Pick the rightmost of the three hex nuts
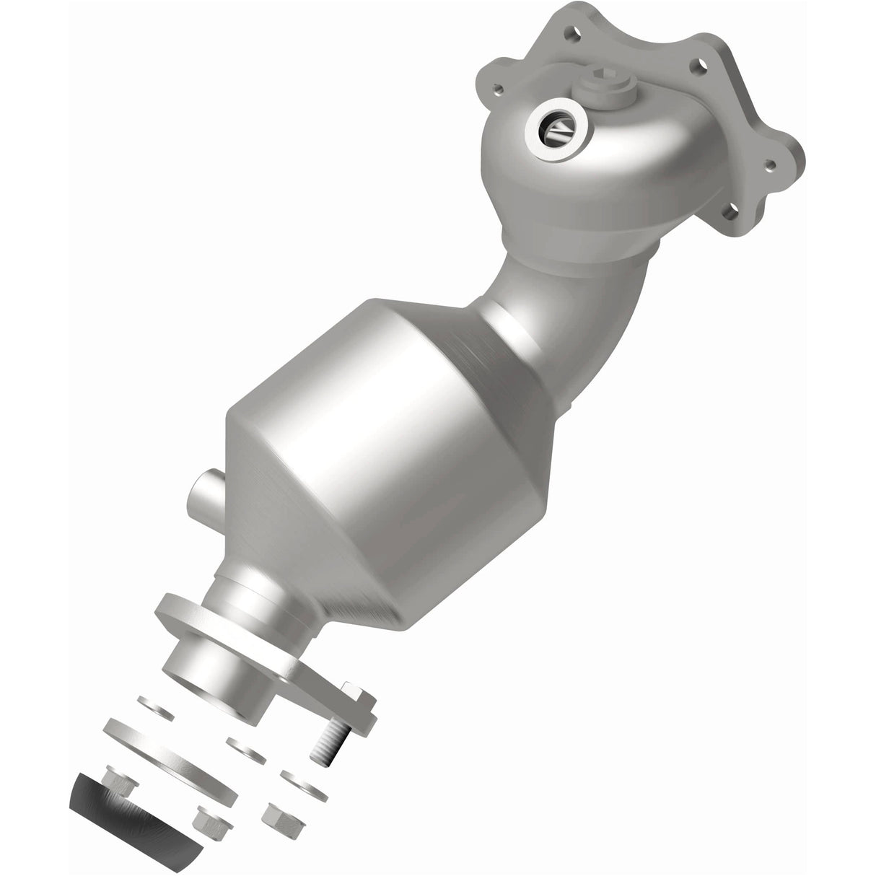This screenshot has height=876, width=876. click(x=278, y=818)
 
